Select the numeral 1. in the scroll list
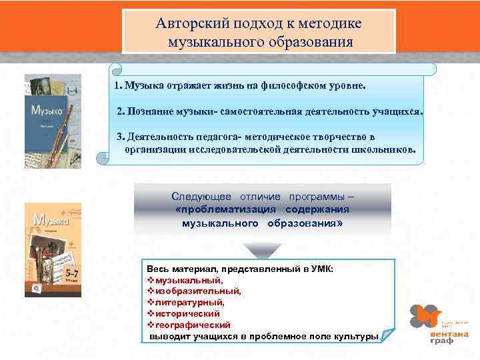(118, 86)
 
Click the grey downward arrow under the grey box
(259, 250)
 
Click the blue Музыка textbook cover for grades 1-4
(53, 121)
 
